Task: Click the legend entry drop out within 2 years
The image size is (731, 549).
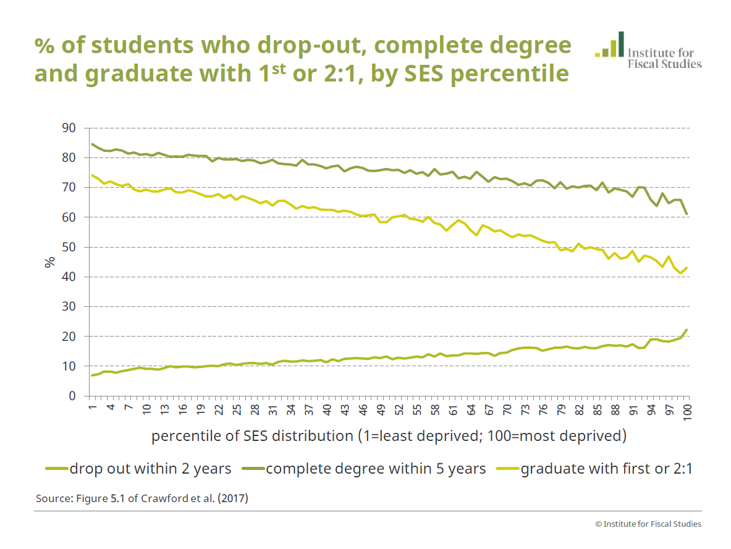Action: pyautogui.click(x=150, y=469)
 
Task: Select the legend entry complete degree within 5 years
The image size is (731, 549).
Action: pyautogui.click(x=376, y=469)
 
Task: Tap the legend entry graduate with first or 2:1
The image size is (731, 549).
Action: pyautogui.click(x=606, y=469)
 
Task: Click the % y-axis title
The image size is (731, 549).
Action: pyautogui.click(x=49, y=262)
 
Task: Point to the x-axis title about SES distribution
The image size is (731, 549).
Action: pyautogui.click(x=389, y=436)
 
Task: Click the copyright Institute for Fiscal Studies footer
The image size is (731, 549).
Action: pyautogui.click(x=648, y=524)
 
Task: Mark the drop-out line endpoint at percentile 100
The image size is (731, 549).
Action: pyautogui.click(x=687, y=330)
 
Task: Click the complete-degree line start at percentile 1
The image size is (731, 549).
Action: pyautogui.click(x=92, y=145)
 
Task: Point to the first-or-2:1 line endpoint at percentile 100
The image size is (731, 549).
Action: pyautogui.click(x=687, y=267)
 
